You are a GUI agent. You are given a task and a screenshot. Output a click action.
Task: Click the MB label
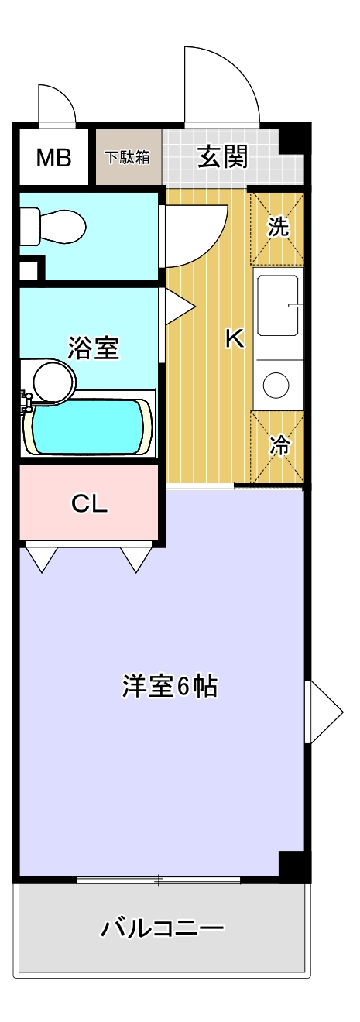click(x=53, y=158)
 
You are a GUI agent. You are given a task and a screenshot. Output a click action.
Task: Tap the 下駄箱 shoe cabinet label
click(x=128, y=157)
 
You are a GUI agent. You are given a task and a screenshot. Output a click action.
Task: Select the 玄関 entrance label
click(x=222, y=157)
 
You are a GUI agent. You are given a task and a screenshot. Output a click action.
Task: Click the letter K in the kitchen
click(x=234, y=338)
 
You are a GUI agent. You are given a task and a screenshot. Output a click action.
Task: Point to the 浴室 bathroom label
click(x=93, y=348)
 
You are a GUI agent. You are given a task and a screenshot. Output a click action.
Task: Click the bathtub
click(x=87, y=427)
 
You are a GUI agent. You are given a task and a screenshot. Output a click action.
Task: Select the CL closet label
click(x=89, y=503)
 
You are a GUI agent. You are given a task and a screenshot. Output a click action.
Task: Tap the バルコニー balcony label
click(x=163, y=927)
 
